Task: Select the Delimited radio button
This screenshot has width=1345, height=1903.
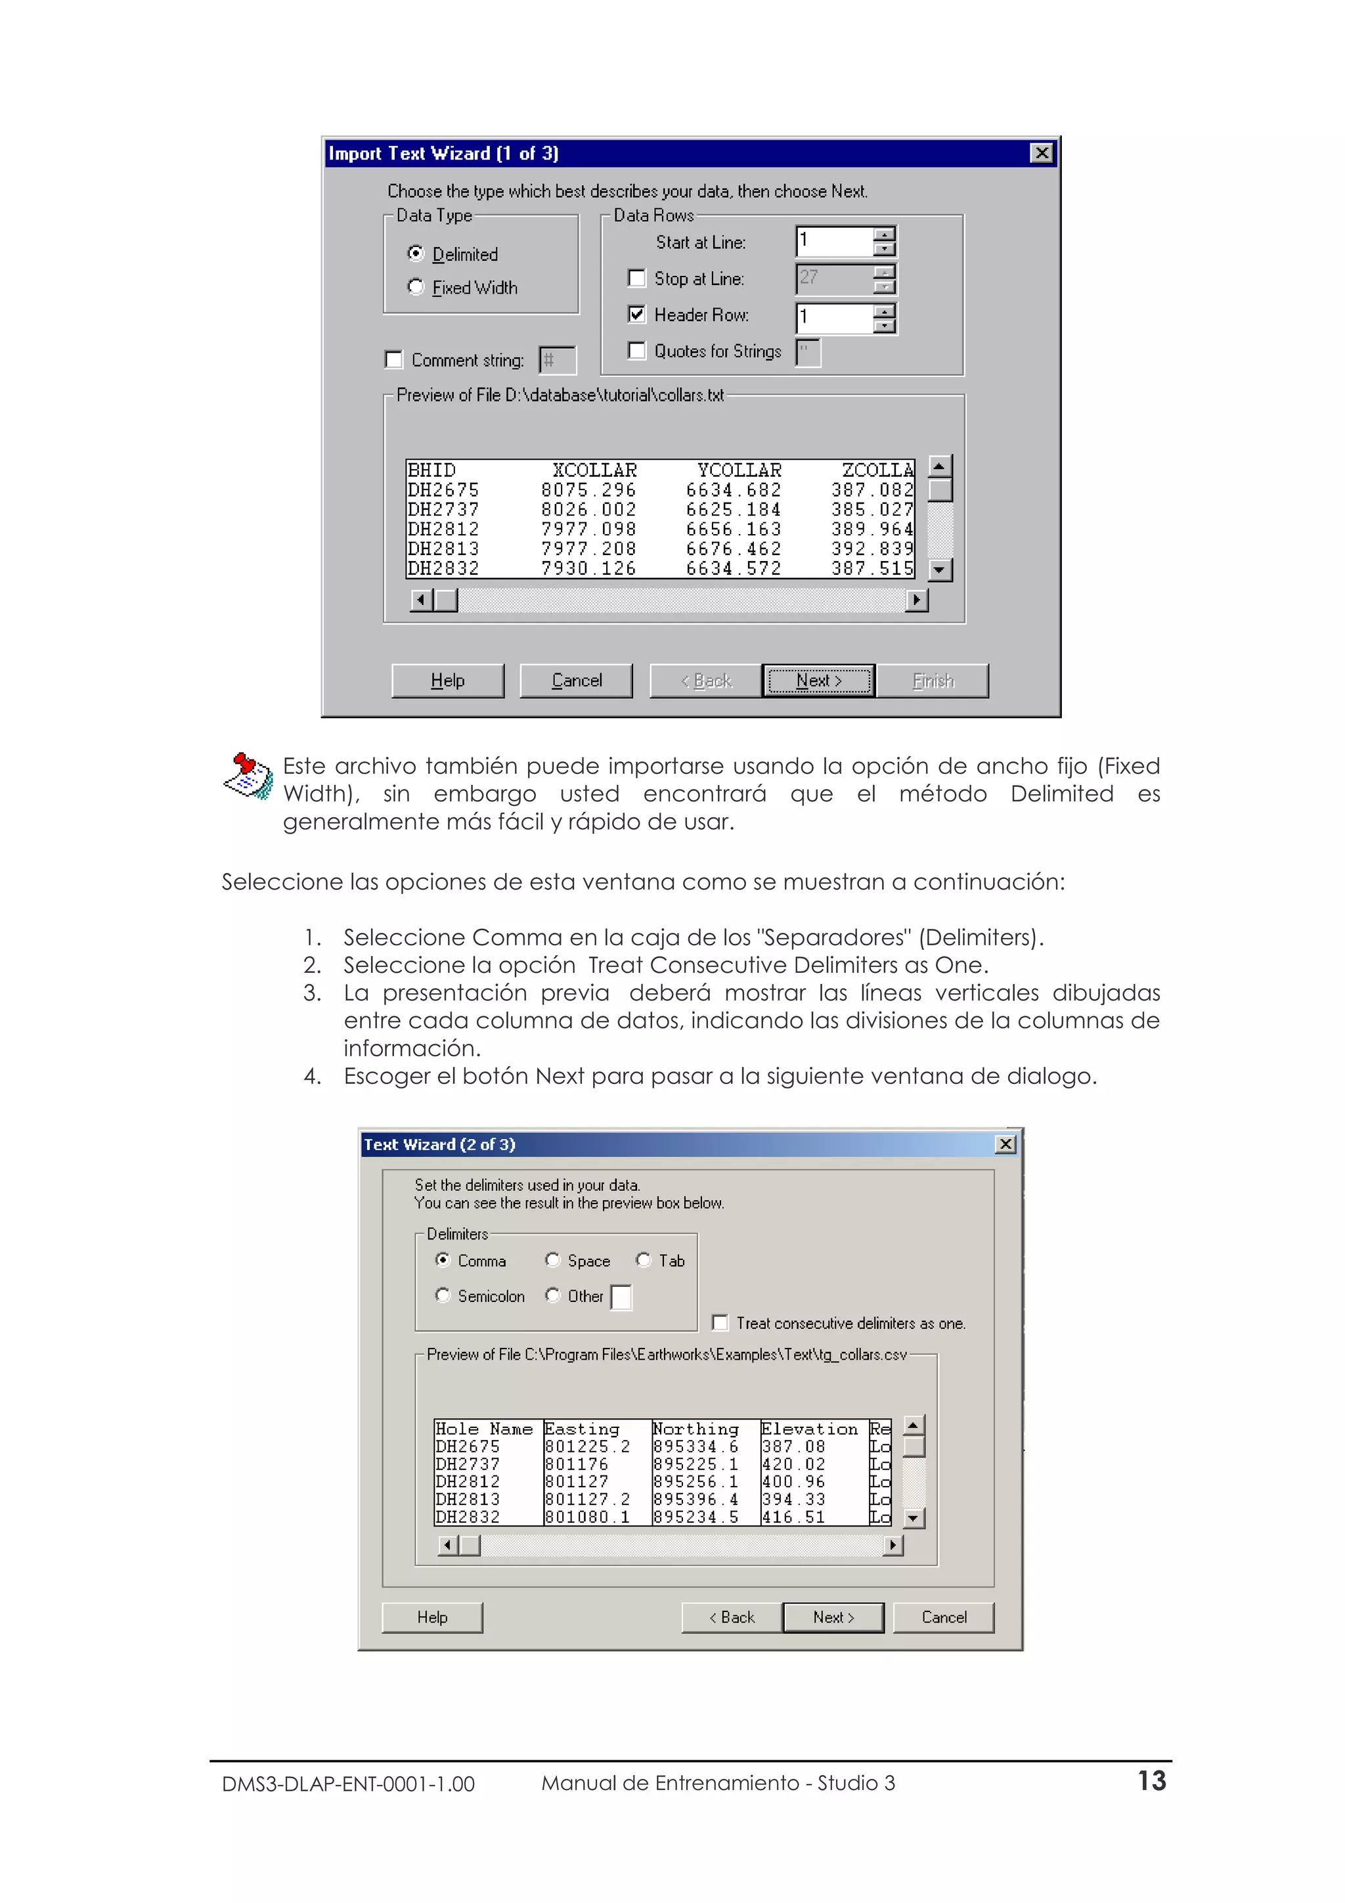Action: point(416,254)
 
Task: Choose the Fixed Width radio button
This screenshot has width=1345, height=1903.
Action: point(416,287)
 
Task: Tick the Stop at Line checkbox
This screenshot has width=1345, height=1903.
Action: point(636,279)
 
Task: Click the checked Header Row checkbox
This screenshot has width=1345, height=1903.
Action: point(636,314)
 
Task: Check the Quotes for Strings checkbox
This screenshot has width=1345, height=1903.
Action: point(636,351)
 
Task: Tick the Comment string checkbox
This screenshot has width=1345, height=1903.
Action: point(393,360)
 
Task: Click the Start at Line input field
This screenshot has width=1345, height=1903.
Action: point(833,241)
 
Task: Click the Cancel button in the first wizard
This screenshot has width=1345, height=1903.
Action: point(576,681)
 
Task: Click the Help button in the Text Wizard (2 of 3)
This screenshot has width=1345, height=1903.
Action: point(431,1617)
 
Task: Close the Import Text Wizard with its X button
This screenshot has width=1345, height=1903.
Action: point(1042,153)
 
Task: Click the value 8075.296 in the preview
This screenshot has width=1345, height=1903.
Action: point(588,490)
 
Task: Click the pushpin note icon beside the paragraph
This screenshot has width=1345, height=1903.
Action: point(248,776)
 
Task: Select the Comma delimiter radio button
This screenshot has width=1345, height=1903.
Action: point(443,1260)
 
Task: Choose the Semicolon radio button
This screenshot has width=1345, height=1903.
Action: point(443,1295)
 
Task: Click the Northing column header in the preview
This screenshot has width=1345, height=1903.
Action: point(695,1429)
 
